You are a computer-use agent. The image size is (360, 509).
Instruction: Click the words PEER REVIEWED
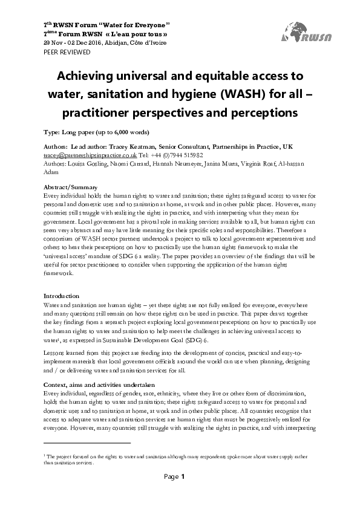click(x=67, y=53)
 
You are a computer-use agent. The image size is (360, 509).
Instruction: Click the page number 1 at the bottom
click(x=183, y=494)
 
